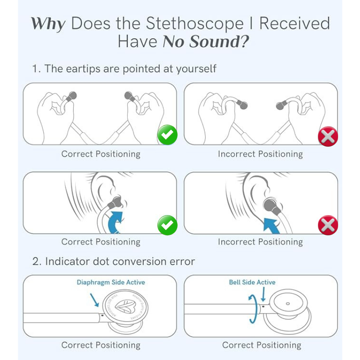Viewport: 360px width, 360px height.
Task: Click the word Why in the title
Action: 48,23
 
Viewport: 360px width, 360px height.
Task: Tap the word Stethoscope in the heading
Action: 189,23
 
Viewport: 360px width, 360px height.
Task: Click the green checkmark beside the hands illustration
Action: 167,135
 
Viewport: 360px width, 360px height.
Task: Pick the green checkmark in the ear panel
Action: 167,225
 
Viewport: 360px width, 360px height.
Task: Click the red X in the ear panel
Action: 328,225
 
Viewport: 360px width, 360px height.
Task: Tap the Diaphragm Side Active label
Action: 111,282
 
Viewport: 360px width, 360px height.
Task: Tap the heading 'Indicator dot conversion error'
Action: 113,261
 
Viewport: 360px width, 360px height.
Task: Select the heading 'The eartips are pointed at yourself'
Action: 124,68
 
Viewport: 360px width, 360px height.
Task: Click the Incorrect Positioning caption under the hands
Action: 260,154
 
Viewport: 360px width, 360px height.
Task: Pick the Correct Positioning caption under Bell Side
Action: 261,345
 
